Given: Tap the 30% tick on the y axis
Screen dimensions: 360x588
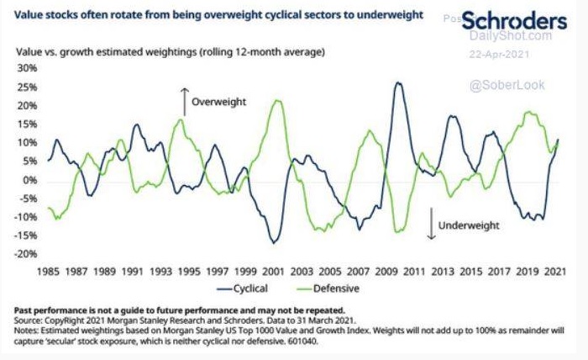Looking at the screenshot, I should tap(29, 68).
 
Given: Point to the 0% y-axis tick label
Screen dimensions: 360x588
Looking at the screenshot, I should tap(32, 180).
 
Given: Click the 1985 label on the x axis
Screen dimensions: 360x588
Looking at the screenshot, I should tap(51, 272).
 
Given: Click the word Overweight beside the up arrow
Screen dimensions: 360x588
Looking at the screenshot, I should tap(218, 102).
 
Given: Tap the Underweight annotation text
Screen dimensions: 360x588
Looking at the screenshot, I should tap(469, 225).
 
